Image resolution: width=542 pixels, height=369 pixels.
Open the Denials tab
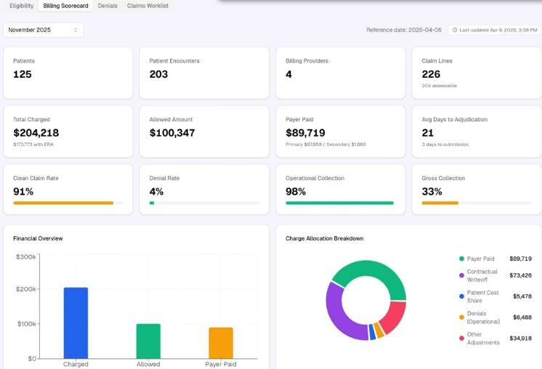[x=108, y=6]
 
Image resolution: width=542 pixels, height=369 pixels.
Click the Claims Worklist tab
[x=147, y=6]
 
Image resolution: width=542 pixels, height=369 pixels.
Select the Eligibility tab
[x=21, y=6]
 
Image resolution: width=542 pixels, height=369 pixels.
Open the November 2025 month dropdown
[x=44, y=30]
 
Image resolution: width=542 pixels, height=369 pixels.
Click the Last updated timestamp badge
[x=494, y=30]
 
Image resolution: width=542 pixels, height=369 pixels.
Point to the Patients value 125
[x=22, y=74]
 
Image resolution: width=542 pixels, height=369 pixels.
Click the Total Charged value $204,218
[x=36, y=133]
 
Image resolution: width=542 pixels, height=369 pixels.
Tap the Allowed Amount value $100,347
[x=172, y=133]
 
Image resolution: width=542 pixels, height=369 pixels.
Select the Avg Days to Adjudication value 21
[x=428, y=133]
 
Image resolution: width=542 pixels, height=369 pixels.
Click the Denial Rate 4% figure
[x=156, y=192]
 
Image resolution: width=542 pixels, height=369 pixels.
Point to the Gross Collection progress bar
[x=477, y=203]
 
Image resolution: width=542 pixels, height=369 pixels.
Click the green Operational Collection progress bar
[x=339, y=203]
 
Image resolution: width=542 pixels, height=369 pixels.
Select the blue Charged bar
[x=76, y=323]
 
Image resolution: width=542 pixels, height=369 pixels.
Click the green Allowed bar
[x=148, y=341]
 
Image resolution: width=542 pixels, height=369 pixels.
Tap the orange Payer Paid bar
[x=221, y=343]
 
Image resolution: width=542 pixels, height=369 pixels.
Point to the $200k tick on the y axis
[x=26, y=289]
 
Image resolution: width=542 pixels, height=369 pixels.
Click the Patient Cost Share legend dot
[x=461, y=296]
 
